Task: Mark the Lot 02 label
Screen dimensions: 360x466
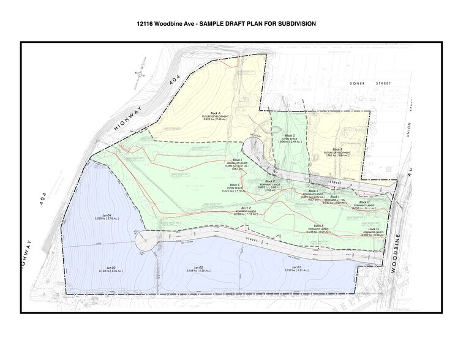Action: tap(197, 268)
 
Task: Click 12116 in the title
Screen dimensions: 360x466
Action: tap(148, 25)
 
